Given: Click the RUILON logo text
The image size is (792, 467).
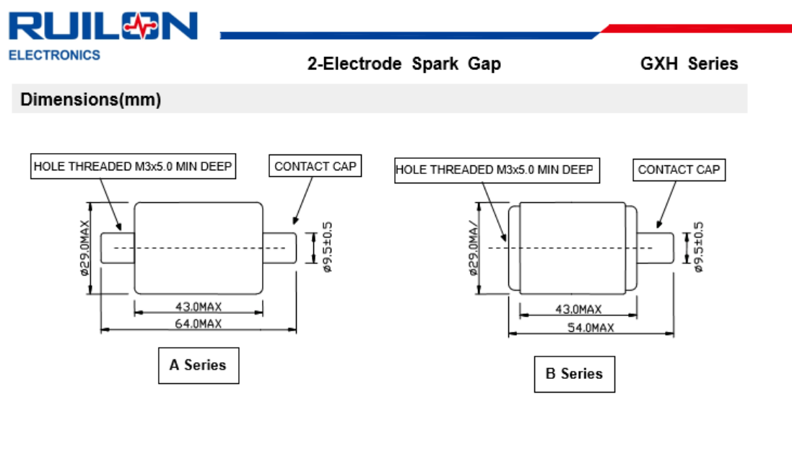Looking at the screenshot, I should pos(103,26).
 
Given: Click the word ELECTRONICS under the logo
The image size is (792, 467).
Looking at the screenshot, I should pos(54,55).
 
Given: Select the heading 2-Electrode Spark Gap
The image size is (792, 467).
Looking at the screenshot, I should pos(404,64).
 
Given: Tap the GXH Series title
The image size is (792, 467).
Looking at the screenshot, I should pos(689,64).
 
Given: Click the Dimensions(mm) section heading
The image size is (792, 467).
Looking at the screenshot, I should pos(90,100).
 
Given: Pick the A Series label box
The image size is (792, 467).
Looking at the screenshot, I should pos(198,365).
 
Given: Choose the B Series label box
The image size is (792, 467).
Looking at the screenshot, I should pos(574,374).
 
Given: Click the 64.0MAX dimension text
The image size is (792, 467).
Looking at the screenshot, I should pos(198,323).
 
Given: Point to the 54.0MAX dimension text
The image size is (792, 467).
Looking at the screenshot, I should pos(590,328).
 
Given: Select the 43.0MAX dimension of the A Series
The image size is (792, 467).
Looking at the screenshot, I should pos(198,307).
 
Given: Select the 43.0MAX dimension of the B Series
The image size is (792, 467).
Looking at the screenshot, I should pos(578,310).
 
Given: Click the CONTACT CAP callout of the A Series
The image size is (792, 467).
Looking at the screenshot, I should pos(316,166).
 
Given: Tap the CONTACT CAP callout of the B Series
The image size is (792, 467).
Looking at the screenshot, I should pos(679,170).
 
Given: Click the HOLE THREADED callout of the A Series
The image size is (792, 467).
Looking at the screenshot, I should pos(134,166).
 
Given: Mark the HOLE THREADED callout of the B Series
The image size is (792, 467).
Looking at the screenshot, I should pos(495,170).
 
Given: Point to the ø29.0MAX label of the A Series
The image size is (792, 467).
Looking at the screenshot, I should pos(83,248).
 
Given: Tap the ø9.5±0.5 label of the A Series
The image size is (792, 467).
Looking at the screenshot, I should pos(327,247).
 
